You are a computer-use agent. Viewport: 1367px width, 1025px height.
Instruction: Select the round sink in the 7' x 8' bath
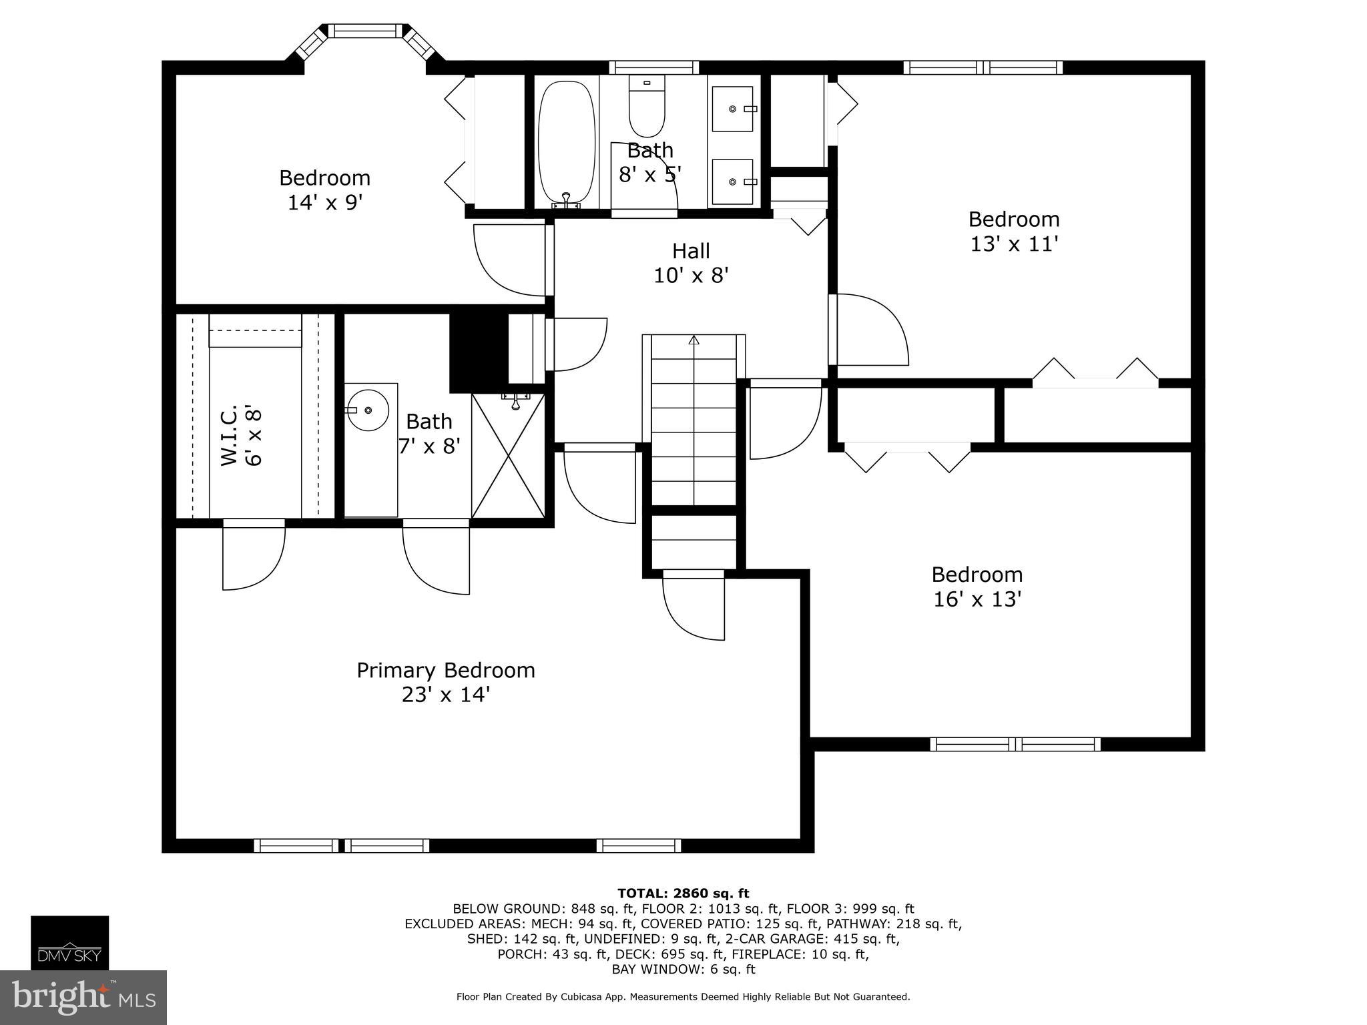point(368,410)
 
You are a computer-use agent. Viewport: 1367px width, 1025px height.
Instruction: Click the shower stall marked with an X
point(509,456)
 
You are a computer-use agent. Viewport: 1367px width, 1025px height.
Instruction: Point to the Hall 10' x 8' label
point(691,263)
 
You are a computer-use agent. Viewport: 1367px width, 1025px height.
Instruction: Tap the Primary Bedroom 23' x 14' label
point(446,682)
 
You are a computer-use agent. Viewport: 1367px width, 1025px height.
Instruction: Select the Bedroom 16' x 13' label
point(977,587)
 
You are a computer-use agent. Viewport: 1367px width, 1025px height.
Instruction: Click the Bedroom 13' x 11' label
point(1014,231)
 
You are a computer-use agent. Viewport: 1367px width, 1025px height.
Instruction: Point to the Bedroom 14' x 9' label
point(325,190)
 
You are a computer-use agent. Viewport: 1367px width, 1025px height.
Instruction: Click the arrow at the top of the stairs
point(694,340)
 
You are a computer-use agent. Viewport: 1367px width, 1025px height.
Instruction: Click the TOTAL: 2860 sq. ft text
point(683,894)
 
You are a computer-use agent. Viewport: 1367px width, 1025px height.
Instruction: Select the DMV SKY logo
point(69,943)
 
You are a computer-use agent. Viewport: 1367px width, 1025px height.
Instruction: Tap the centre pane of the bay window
point(365,31)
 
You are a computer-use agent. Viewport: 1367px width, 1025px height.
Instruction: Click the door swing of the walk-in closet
point(254,555)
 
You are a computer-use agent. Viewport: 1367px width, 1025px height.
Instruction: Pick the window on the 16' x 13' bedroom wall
point(1015,744)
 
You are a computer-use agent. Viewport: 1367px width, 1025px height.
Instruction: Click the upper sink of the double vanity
point(732,109)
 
